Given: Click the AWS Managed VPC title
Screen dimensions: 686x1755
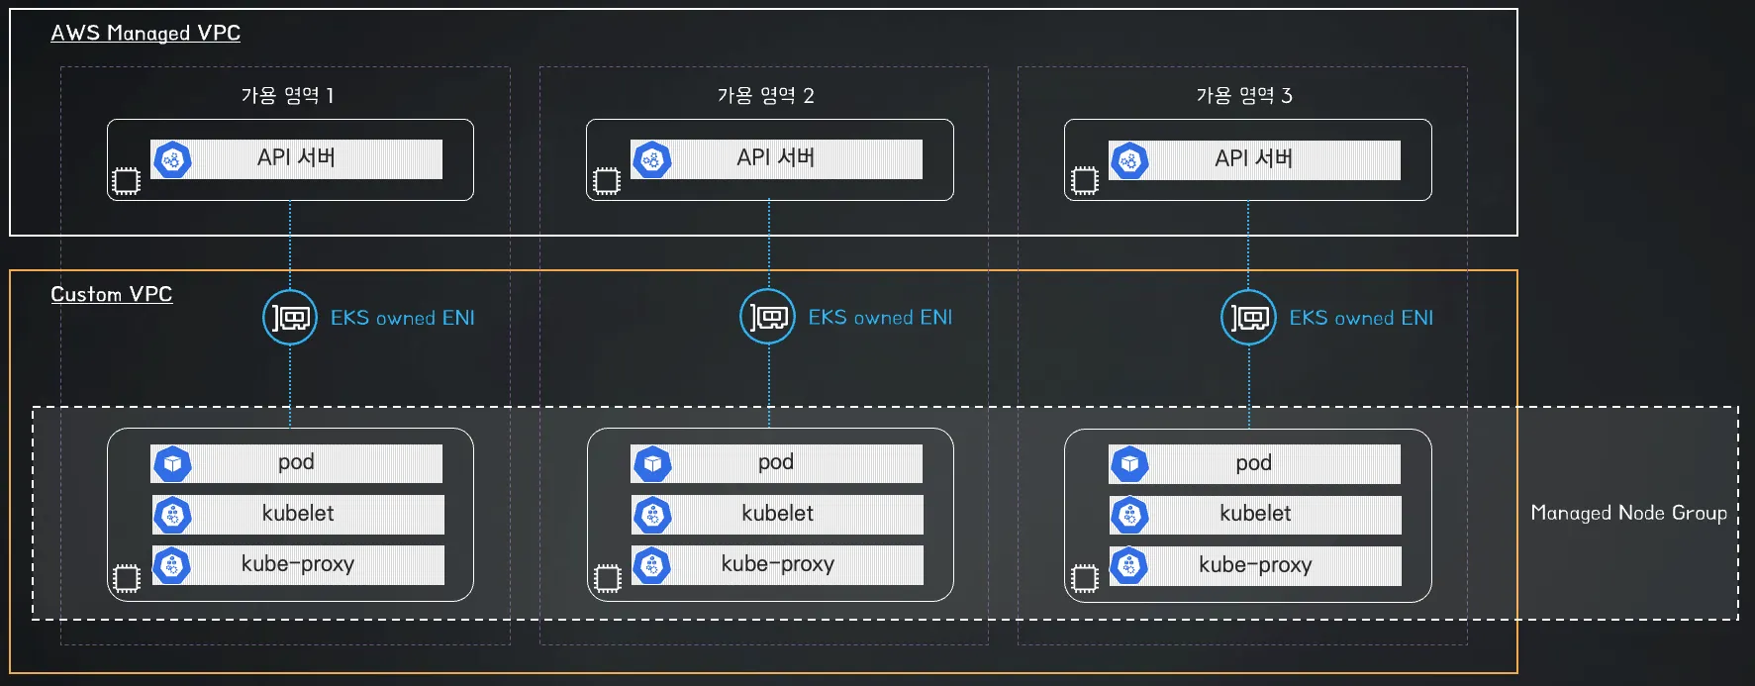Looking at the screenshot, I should (146, 33).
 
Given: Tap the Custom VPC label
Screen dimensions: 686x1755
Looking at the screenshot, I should (111, 294).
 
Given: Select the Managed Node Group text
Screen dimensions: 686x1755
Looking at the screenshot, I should (1628, 513).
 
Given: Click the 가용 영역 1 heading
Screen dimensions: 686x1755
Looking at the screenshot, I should (287, 95).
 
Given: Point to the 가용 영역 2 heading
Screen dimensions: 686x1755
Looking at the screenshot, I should (765, 95).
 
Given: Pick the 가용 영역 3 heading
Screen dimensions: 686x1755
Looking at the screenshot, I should (1244, 95).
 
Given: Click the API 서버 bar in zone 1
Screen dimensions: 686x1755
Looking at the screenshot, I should (297, 158).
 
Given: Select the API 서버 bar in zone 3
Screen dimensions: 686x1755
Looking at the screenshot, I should (1254, 159).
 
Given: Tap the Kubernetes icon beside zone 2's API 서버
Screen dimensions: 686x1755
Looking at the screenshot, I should (651, 159).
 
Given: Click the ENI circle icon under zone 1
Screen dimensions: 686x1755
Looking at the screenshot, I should (290, 318).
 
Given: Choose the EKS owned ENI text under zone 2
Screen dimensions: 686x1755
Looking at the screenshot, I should (880, 318).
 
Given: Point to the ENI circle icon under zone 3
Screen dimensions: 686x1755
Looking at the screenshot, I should (1248, 318).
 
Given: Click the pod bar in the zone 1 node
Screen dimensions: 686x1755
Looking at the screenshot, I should (297, 463).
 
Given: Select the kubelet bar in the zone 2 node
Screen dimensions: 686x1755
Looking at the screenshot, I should (777, 514).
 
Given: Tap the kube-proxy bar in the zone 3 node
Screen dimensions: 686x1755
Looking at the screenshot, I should (1255, 565).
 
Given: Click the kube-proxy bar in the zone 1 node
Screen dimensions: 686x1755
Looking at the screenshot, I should (298, 564).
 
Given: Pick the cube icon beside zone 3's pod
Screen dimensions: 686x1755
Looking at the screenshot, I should (1129, 464).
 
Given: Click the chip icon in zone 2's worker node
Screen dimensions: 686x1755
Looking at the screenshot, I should (607, 578).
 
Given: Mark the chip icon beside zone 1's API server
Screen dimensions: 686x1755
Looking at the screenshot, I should (126, 181).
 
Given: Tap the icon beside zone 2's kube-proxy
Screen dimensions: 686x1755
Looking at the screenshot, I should (651, 565).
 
